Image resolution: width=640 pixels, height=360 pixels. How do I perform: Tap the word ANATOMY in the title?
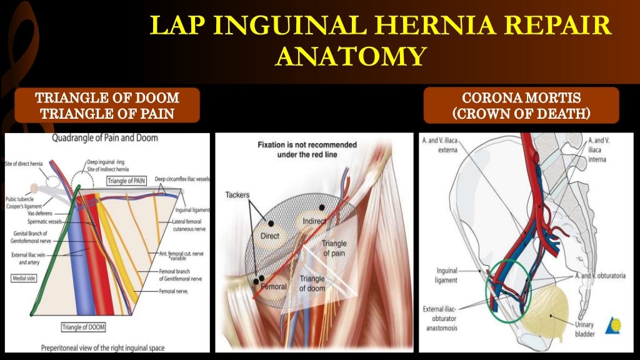[349, 56]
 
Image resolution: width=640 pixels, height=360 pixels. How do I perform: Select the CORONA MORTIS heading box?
[521, 106]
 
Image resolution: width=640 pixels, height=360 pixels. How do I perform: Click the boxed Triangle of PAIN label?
[126, 181]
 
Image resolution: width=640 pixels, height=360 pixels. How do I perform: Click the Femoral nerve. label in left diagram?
[175, 291]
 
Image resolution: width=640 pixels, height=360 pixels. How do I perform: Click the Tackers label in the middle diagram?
[237, 195]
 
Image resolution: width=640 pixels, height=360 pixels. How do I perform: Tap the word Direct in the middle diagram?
[270, 236]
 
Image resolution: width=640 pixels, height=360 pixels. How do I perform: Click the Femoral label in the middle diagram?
[274, 286]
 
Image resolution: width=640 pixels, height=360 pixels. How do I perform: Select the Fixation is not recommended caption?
[307, 149]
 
